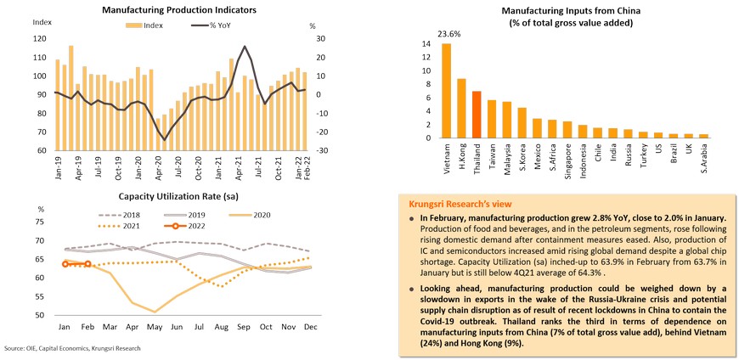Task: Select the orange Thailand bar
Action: pos(477,114)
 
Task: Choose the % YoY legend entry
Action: pos(217,25)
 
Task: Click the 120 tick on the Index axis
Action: pos(41,38)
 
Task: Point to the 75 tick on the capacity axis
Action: pos(40,222)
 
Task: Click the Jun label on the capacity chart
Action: pos(178,326)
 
